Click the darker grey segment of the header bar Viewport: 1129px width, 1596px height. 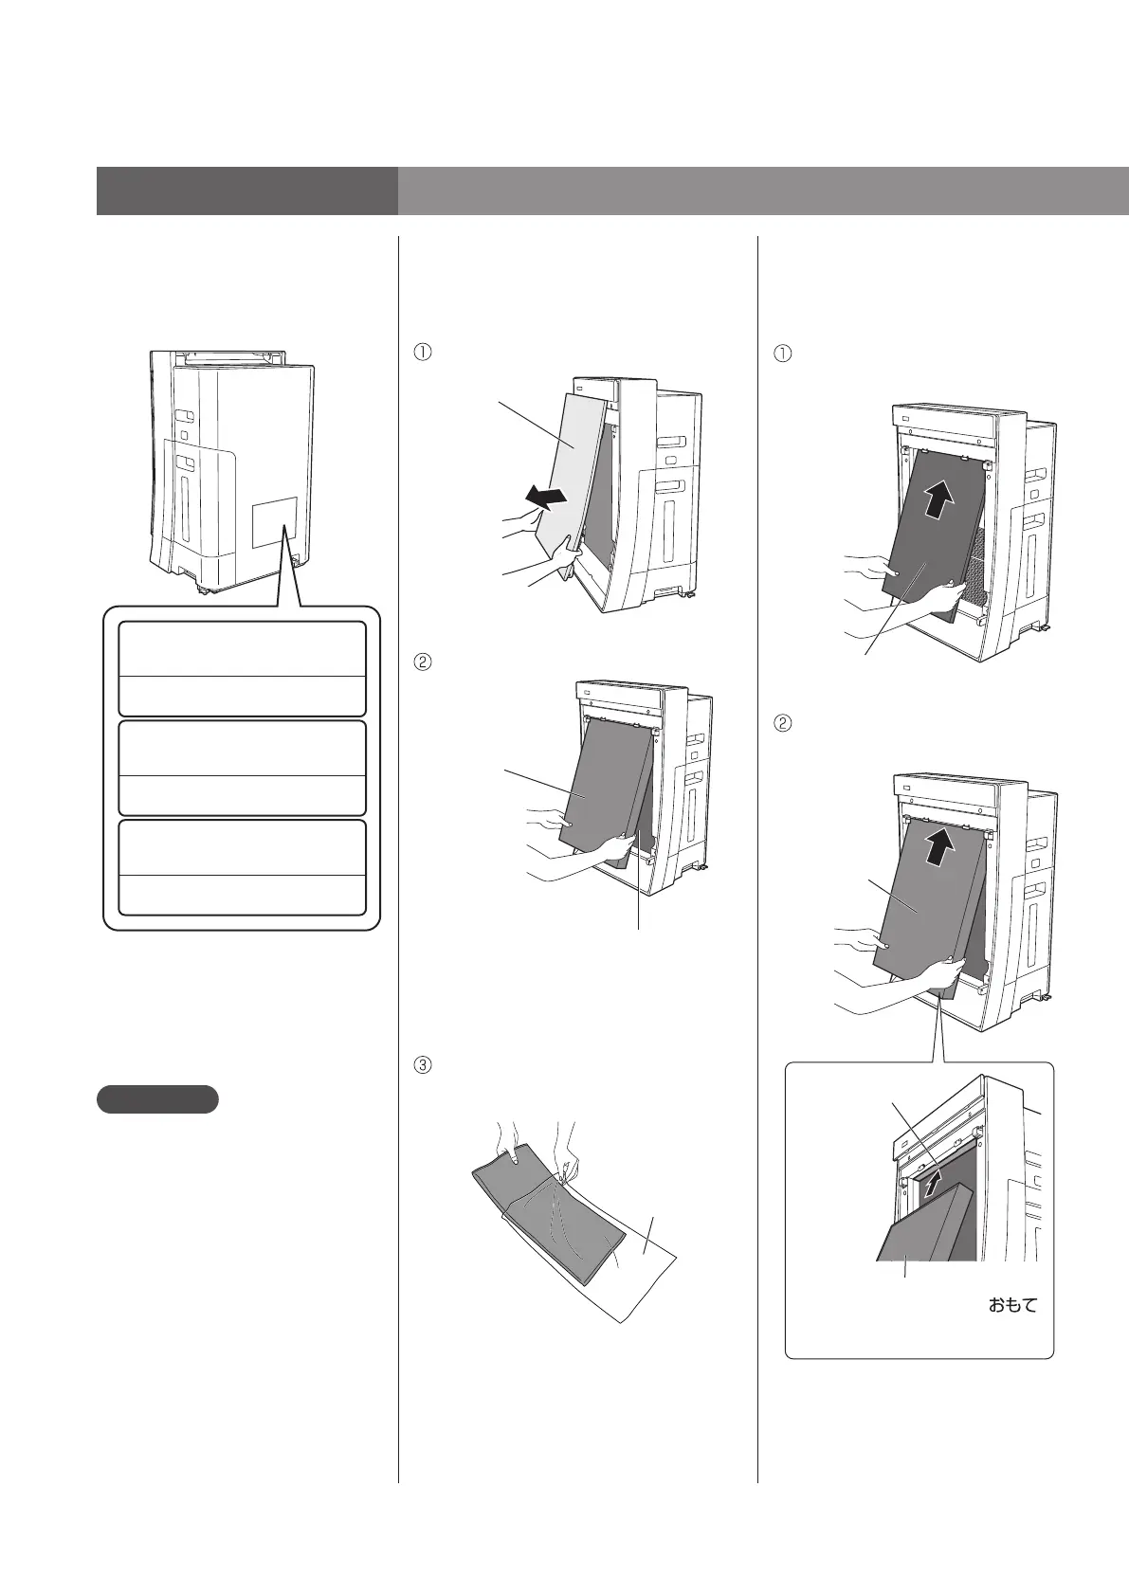coord(246,191)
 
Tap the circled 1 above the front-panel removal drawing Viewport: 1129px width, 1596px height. coord(423,351)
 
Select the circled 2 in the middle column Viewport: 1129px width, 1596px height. coord(423,662)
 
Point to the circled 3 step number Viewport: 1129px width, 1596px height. coord(423,1064)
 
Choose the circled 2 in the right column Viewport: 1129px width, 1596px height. coord(783,722)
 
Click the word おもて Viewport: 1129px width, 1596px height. coord(1011,1306)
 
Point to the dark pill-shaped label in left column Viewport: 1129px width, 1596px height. coord(157,1099)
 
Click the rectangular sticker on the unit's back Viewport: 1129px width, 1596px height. coord(275,521)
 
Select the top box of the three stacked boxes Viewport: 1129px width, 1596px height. coord(242,668)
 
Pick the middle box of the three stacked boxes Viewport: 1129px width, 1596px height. coord(242,768)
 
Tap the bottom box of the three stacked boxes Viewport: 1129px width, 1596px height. coord(242,867)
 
